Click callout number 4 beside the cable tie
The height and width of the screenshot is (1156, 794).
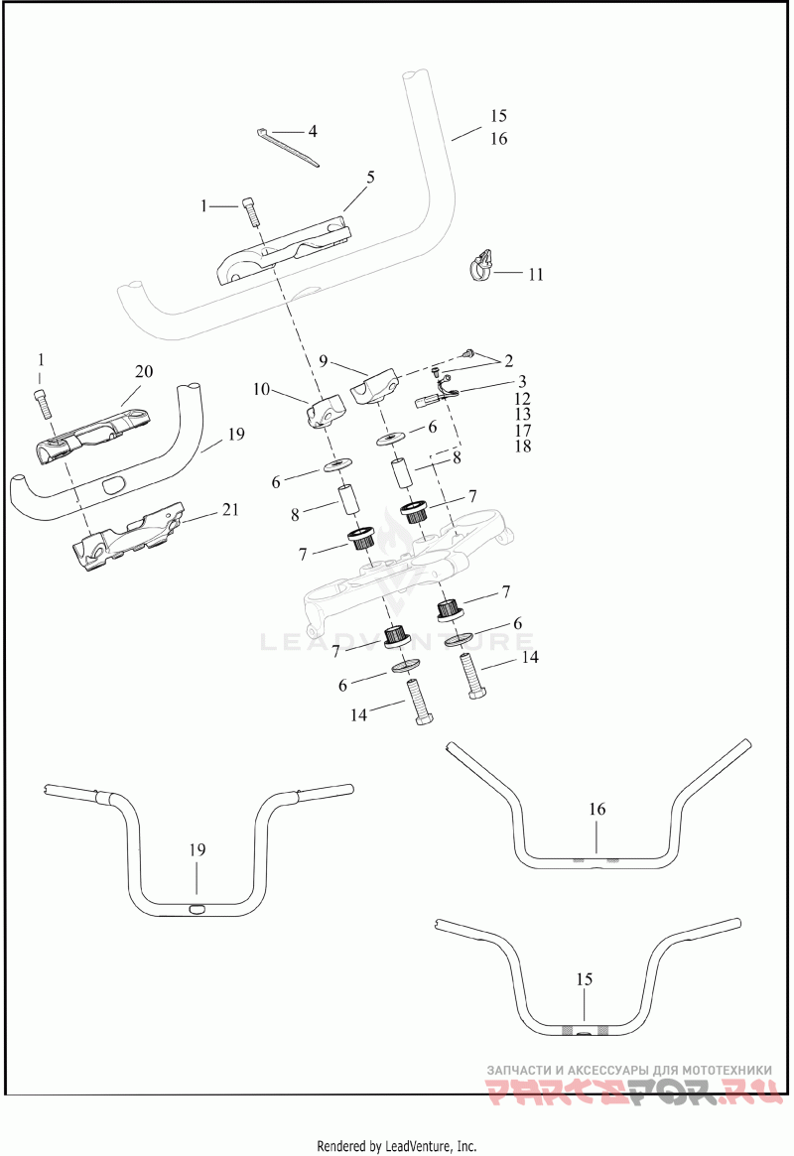312,131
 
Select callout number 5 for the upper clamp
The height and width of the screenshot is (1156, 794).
370,178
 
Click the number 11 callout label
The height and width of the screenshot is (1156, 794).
535,275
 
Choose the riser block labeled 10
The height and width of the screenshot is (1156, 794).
324,411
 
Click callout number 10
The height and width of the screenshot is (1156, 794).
261,390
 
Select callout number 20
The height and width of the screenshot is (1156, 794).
144,372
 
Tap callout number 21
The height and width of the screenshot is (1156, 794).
230,510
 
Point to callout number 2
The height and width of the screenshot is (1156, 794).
508,360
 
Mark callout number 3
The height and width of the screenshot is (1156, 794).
522,381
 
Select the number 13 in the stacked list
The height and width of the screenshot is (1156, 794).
523,414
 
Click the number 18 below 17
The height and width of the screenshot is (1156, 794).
523,447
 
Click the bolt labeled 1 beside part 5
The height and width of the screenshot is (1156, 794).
251,211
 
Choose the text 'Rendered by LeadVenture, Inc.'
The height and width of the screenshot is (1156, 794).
396,1146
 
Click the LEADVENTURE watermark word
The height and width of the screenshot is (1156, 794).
397,642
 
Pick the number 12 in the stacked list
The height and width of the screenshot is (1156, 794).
523,398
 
